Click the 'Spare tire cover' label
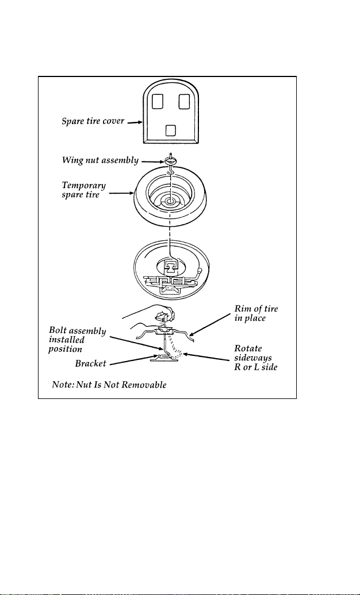93,122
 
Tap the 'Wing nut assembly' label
100,160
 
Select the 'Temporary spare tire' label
84,190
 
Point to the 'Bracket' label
90,363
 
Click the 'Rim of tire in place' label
256,313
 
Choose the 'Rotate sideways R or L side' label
253,358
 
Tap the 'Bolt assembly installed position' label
77,340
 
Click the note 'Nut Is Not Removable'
109,385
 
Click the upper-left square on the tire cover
157,101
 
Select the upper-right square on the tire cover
184,101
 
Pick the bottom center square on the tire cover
171,130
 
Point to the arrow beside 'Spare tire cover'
135,122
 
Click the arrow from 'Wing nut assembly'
152,161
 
